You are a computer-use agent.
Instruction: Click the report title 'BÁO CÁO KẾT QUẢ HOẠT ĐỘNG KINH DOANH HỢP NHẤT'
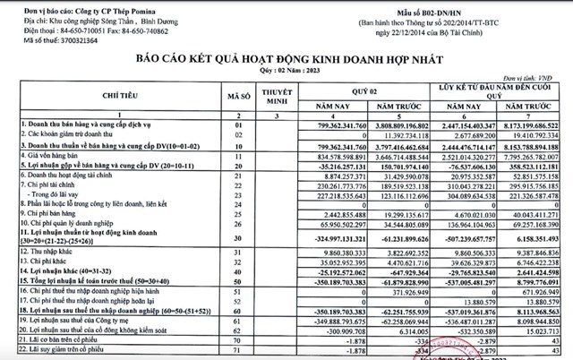pos(290,56)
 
